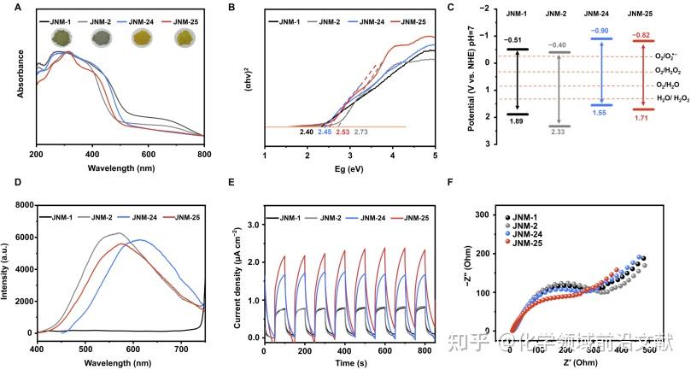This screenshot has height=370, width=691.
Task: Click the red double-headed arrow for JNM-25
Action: (x=641, y=75)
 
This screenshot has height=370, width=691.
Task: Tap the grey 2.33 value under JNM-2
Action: (x=558, y=132)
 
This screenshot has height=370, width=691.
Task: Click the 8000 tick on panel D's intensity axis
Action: (x=19, y=206)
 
